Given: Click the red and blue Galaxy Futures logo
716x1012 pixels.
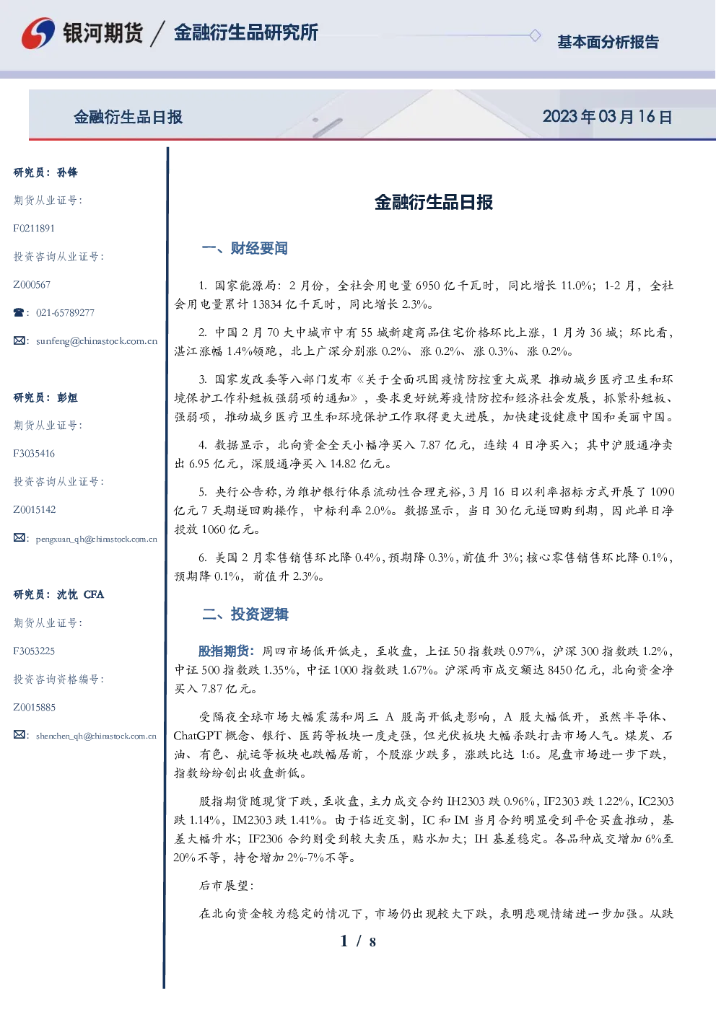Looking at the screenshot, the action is [38, 33].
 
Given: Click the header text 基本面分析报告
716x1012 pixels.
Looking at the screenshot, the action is [608, 42].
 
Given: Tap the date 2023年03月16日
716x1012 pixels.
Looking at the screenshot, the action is [607, 117].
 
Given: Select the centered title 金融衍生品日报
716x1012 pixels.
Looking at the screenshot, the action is [434, 202].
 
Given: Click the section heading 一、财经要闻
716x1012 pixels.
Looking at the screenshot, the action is [245, 248].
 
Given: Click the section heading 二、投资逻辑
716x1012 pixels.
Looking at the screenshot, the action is [245, 614].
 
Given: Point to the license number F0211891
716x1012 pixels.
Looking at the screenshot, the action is [34, 228].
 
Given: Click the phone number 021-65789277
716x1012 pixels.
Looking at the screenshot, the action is [65, 312].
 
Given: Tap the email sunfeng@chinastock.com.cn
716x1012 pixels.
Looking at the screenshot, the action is [97, 341].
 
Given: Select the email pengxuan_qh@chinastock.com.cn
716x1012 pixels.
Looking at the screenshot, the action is [96, 539].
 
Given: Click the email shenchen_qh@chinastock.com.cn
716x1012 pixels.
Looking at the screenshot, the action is [96, 736].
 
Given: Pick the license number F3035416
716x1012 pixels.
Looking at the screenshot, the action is [34, 454].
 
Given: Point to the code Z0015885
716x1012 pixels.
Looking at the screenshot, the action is [35, 708].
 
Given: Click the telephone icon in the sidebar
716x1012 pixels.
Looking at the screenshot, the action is [19, 312].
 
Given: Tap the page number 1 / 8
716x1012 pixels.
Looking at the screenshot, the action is [358, 941].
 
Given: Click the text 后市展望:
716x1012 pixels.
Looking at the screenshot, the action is [227, 886].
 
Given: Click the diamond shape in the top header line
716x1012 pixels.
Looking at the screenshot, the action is [535, 35].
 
